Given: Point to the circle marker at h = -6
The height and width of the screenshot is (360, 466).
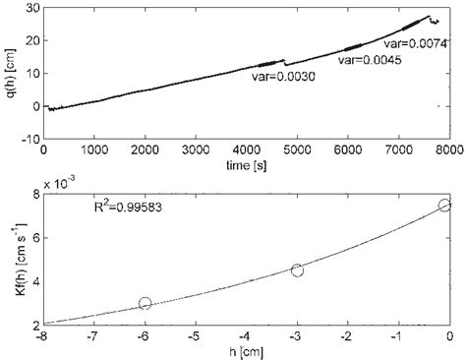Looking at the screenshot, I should (x=146, y=304).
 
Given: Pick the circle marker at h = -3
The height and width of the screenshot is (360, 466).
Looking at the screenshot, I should (x=297, y=270).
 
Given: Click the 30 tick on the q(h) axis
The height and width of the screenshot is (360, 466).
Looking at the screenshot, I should (x=29, y=8).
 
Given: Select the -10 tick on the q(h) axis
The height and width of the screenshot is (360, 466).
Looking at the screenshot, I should (x=27, y=138).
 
